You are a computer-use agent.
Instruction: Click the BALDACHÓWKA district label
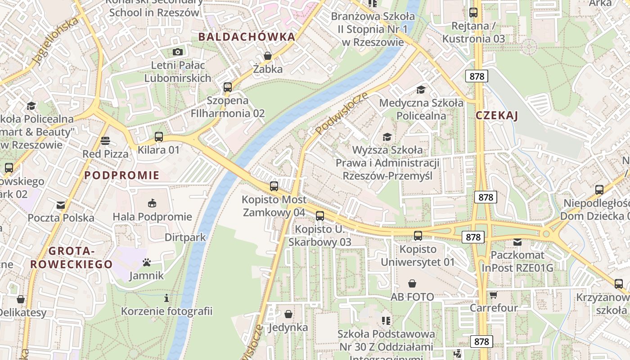tap(247, 37)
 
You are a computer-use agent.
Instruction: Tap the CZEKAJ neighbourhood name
tap(497, 116)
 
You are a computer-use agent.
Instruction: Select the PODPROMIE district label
tap(122, 175)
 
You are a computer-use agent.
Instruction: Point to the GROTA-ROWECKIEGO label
tap(71, 258)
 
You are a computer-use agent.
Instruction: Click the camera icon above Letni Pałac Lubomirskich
tap(178, 52)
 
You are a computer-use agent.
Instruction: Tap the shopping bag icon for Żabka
tap(268, 56)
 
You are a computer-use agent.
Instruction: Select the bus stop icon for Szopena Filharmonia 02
tap(228, 87)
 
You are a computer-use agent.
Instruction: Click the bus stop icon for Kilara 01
tap(158, 137)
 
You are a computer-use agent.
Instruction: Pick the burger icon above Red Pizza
tap(105, 141)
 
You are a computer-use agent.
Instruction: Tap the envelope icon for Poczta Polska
tap(61, 205)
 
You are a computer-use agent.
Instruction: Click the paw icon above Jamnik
tap(146, 262)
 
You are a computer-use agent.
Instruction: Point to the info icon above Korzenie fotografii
tap(166, 298)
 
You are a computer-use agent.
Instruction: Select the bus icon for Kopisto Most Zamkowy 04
tap(274, 186)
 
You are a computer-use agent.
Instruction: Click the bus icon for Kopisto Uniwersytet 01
tap(418, 235)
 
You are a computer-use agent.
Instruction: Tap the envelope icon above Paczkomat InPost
tap(517, 242)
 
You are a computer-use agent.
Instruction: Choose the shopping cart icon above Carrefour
tap(494, 295)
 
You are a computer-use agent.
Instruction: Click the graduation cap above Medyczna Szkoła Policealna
tap(421, 90)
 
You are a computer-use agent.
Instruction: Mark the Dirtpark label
tap(185, 237)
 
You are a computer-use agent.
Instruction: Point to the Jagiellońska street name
tap(55, 42)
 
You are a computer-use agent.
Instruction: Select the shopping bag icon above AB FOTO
tap(412, 283)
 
